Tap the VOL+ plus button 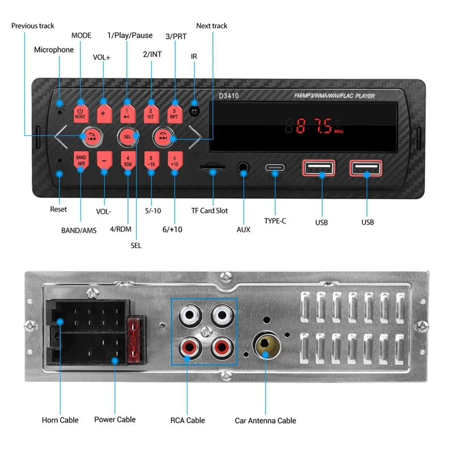click(x=104, y=113)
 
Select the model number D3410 click(x=229, y=96)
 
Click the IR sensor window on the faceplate click(x=195, y=110)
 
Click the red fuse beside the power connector click(x=134, y=340)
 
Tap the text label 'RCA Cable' click(x=187, y=420)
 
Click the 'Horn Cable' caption click(x=60, y=420)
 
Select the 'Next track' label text click(x=212, y=26)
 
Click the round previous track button click(x=91, y=136)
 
